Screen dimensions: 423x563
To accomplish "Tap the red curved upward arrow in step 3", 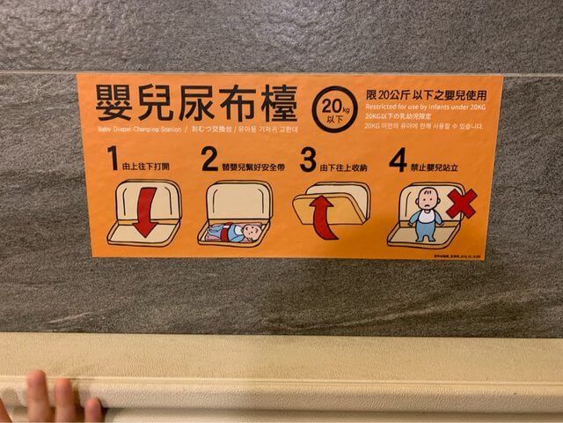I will tap(323, 216).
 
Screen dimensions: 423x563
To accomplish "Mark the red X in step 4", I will tap(460, 204).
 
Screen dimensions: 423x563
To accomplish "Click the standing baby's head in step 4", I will tap(427, 198).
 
